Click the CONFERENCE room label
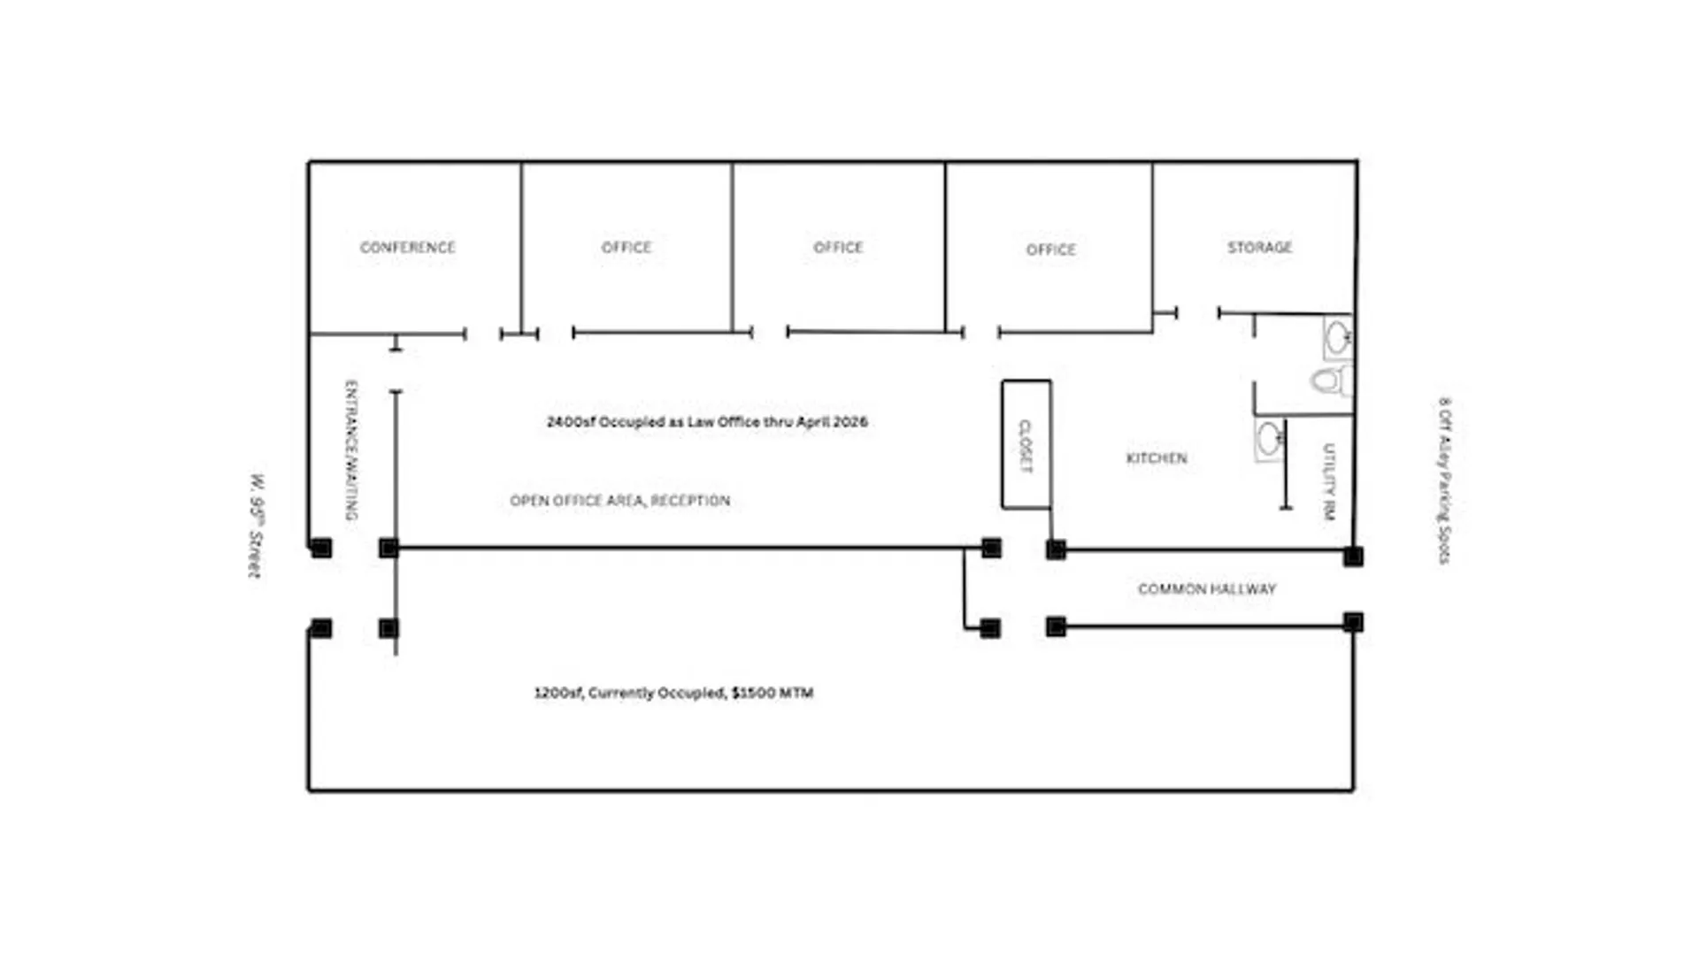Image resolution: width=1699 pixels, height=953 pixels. click(x=407, y=247)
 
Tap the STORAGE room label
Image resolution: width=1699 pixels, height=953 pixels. click(x=1259, y=247)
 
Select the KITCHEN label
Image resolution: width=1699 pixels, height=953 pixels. click(x=1157, y=457)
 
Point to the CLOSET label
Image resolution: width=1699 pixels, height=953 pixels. click(x=1026, y=446)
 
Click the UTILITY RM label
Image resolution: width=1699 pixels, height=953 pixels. click(x=1328, y=481)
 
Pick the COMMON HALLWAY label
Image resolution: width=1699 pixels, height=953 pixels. click(x=1207, y=588)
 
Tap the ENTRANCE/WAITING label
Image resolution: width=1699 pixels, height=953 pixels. click(x=351, y=450)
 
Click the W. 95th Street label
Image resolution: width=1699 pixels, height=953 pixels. click(x=256, y=526)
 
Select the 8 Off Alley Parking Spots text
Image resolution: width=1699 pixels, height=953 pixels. click(x=1444, y=480)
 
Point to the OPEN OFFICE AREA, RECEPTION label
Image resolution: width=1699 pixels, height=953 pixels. click(x=620, y=501)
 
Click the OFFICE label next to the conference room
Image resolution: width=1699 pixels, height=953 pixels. click(x=627, y=247)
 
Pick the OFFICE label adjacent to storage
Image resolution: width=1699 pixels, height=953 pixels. click(x=1051, y=250)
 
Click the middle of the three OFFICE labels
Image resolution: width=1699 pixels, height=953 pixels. click(x=838, y=247)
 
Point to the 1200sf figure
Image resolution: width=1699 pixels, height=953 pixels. click(x=557, y=693)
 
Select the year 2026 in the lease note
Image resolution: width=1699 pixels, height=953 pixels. click(x=850, y=422)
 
